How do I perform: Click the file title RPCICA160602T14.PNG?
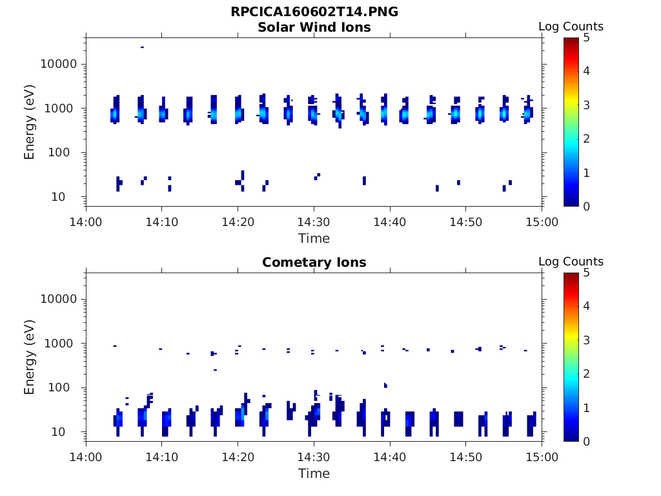pyautogui.click(x=314, y=12)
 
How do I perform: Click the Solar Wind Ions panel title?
pyautogui.click(x=314, y=27)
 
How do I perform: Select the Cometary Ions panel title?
pyautogui.click(x=314, y=262)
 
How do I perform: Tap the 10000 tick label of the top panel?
pyautogui.click(x=59, y=64)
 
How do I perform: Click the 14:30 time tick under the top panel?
pyautogui.click(x=314, y=222)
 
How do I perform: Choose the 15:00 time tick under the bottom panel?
pyautogui.click(x=542, y=457)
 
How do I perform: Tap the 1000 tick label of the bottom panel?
pyautogui.click(x=63, y=344)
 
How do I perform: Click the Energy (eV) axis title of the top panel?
pyautogui.click(x=30, y=121)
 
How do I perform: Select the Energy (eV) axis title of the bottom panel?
pyautogui.click(x=30, y=356)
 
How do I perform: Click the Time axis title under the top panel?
pyautogui.click(x=314, y=238)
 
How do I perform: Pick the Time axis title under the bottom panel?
pyautogui.click(x=314, y=473)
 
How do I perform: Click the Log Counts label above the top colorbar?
pyautogui.click(x=571, y=26)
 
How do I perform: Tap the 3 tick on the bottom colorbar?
pyautogui.click(x=587, y=340)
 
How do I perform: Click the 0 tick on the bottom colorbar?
pyautogui.click(x=587, y=441)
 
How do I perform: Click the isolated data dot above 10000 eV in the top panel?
pyautogui.click(x=142, y=47)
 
